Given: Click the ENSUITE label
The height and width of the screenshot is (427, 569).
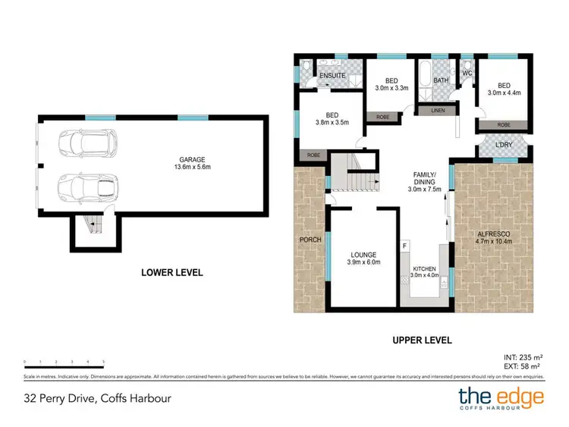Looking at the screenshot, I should (x=333, y=76).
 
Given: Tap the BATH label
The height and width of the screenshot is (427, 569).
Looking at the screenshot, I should (x=442, y=80).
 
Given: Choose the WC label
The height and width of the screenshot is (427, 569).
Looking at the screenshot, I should (x=467, y=73).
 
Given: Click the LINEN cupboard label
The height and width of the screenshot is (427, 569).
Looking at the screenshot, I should (x=439, y=111).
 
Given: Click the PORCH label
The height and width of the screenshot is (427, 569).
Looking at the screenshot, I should (x=310, y=240).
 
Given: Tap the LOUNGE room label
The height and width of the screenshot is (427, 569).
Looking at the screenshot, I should (x=363, y=255).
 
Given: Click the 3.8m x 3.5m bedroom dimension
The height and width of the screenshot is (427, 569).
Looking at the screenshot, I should (x=332, y=124).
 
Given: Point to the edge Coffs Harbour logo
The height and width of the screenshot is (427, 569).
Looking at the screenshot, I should (x=500, y=397).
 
